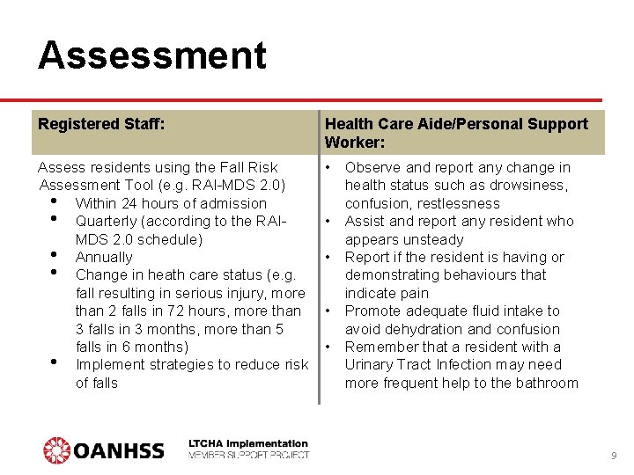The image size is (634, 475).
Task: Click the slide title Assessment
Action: tap(151, 55)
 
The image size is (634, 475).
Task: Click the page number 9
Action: tap(614, 456)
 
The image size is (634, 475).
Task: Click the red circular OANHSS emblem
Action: tap(56, 450)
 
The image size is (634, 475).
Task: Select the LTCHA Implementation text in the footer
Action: tap(248, 444)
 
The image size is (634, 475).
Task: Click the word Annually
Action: tap(104, 258)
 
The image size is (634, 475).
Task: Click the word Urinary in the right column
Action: tap(371, 365)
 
